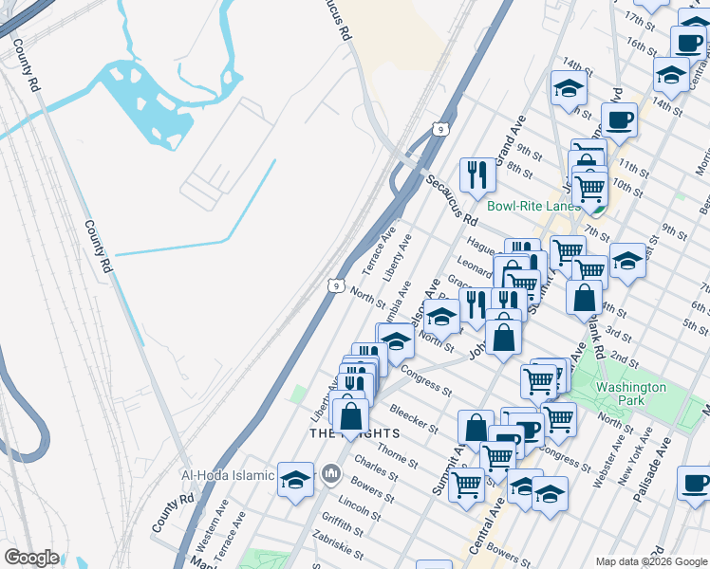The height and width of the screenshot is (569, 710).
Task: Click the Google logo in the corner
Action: point(31,558)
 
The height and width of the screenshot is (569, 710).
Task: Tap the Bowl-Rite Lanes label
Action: point(532,206)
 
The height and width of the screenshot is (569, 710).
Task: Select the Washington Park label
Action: point(630,394)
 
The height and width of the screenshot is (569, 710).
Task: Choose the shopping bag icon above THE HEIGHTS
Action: point(351,414)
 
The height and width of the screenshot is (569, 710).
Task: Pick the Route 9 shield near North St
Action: point(336,284)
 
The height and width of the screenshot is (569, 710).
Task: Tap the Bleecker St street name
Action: point(414,418)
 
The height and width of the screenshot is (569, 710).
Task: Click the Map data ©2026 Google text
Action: point(650,561)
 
